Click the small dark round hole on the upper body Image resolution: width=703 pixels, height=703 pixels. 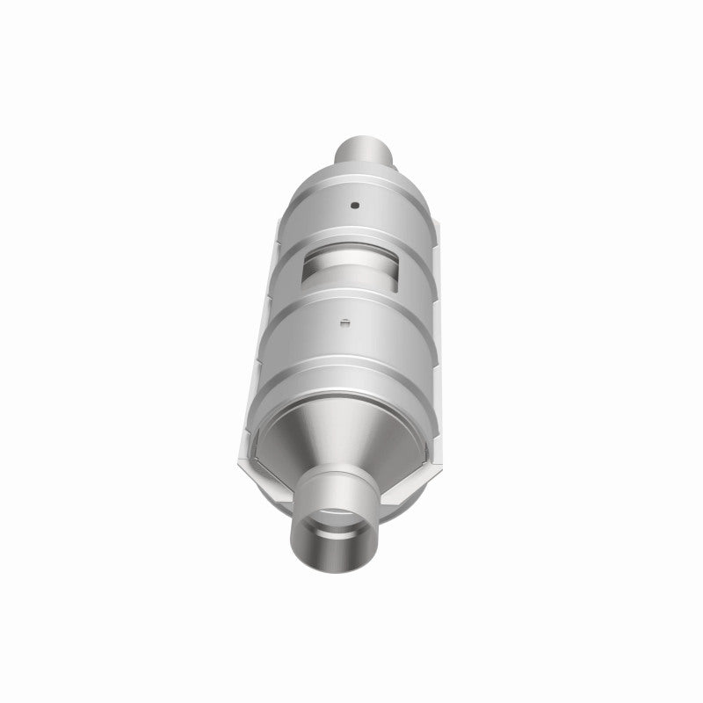[x=354, y=206]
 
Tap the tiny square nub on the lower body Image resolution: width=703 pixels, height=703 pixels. [x=345, y=322]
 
